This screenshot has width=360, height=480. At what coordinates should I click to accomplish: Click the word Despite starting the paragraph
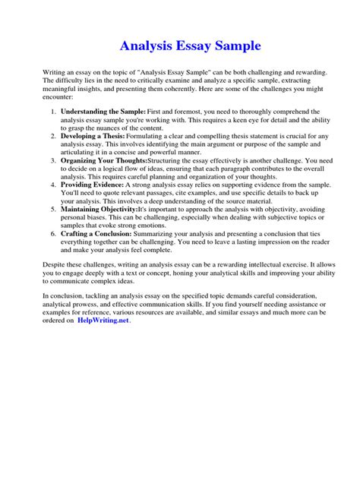coord(55,267)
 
